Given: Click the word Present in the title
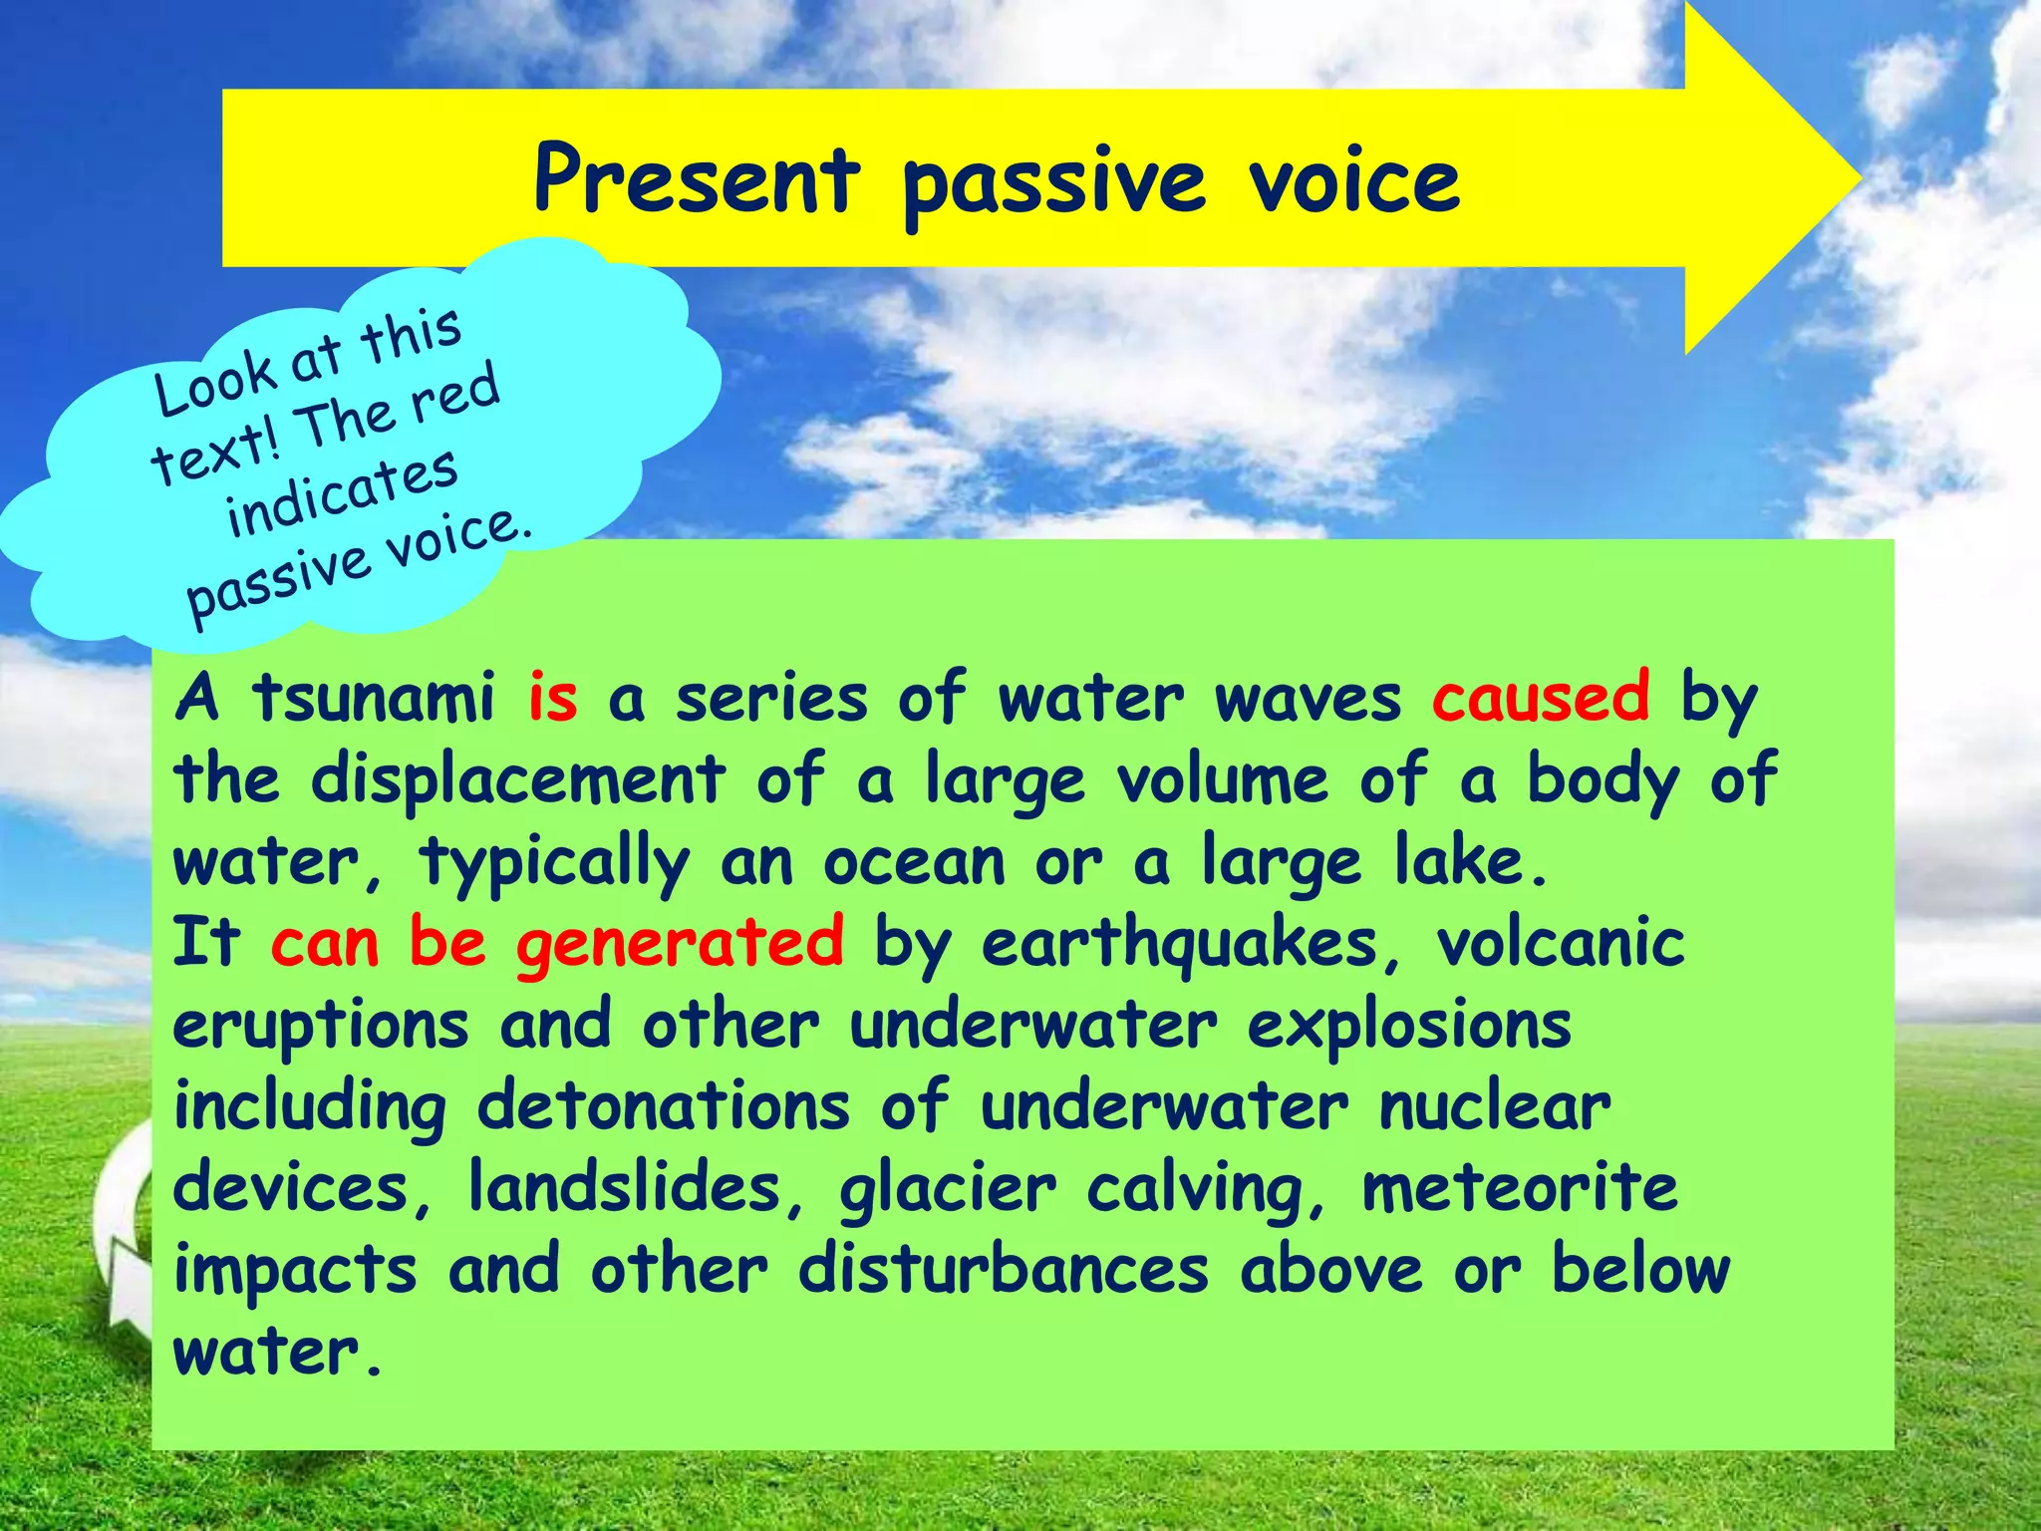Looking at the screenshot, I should pyautogui.click(x=696, y=179).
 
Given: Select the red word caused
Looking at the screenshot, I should pyautogui.click(x=1541, y=698).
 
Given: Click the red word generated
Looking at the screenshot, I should pyautogui.click(x=680, y=943).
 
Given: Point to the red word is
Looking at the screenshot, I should pyautogui.click(x=552, y=698).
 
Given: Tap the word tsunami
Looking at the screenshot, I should pyautogui.click(x=373, y=698).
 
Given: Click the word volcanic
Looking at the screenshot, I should pyautogui.click(x=1560, y=943).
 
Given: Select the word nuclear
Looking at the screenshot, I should pyautogui.click(x=1494, y=1106).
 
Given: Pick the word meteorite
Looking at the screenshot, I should pyautogui.click(x=1519, y=1188).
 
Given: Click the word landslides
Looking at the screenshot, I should pyautogui.click(x=625, y=1188).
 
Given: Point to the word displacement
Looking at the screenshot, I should pyautogui.click(x=517, y=779).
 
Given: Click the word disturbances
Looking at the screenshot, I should pyautogui.click(x=1003, y=1270).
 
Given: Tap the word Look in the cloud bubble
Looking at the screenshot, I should pyautogui.click(x=215, y=384).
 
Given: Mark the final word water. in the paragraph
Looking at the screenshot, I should pyautogui.click(x=277, y=1354).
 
